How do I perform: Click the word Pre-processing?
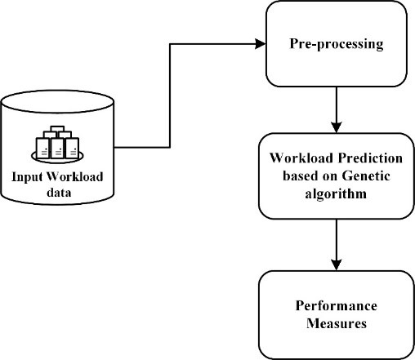(x=337, y=44)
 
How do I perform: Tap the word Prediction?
(x=370, y=158)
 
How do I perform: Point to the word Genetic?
(x=366, y=176)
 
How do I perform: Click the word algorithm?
(x=336, y=194)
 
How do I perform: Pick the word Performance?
(x=337, y=306)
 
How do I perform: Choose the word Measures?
(x=337, y=323)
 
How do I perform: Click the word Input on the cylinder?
(x=27, y=177)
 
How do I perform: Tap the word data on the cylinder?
(x=59, y=193)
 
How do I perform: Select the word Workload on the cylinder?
(x=75, y=176)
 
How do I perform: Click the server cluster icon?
(x=57, y=144)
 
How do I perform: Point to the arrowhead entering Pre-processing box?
(x=261, y=44)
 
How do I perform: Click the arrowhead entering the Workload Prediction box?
(x=337, y=127)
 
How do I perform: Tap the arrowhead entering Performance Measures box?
(x=337, y=265)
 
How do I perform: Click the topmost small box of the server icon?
(x=57, y=129)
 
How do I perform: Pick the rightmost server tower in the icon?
(x=72, y=148)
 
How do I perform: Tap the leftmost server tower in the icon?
(x=42, y=148)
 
